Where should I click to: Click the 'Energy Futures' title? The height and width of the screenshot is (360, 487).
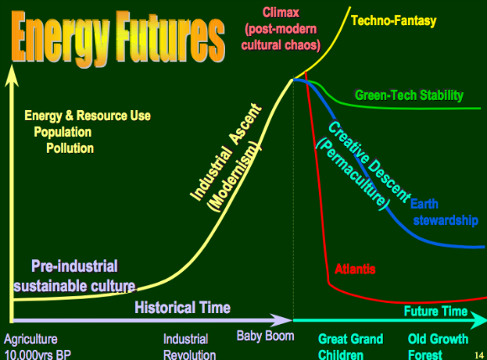click(118, 37)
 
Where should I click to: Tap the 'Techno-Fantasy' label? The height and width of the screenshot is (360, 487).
click(394, 21)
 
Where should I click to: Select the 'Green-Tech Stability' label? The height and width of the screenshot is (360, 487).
click(409, 95)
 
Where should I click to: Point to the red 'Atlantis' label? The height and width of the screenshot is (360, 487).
click(355, 269)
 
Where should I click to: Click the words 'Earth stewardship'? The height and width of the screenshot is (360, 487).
click(444, 212)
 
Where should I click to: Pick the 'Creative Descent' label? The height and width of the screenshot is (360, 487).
click(369, 161)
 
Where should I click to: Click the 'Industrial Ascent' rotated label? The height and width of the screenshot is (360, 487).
click(226, 152)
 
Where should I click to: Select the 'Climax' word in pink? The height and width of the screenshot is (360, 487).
click(280, 13)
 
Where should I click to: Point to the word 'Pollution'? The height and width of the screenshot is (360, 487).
click(71, 148)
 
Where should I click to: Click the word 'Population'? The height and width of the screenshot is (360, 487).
click(63, 132)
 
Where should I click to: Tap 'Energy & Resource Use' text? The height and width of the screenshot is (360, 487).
click(87, 116)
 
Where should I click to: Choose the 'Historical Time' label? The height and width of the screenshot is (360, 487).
click(183, 307)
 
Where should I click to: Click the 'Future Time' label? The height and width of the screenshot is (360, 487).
click(436, 311)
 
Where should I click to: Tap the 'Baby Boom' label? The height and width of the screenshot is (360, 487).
click(265, 336)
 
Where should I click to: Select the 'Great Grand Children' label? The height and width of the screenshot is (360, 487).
click(351, 347)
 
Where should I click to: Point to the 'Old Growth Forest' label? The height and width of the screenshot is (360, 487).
click(438, 347)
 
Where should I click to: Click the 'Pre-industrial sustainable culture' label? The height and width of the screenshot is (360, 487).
click(75, 275)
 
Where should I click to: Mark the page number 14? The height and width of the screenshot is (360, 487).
click(479, 355)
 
